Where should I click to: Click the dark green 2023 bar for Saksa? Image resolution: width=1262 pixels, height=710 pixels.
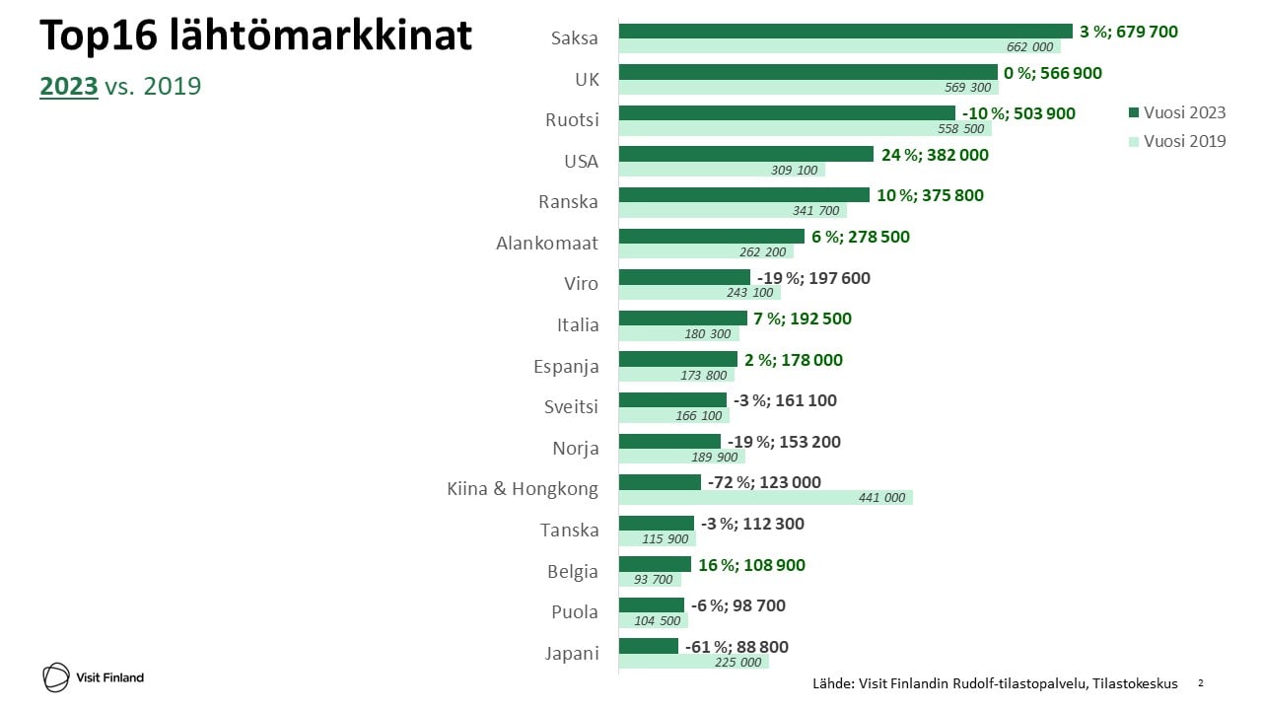click(x=845, y=32)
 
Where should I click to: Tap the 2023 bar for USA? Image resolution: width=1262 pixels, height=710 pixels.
click(x=745, y=155)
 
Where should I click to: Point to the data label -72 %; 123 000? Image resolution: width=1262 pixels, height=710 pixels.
click(x=764, y=482)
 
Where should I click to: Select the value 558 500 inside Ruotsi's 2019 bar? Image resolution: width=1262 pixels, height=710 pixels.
click(x=960, y=129)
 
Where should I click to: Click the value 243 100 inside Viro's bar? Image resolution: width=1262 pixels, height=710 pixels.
click(x=749, y=293)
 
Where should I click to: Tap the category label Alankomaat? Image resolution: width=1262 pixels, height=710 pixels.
click(x=546, y=243)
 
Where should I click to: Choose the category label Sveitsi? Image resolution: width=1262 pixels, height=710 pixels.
click(x=571, y=406)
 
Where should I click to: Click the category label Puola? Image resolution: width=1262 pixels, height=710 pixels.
click(x=574, y=611)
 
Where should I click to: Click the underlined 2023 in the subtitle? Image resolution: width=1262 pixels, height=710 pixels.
click(x=69, y=86)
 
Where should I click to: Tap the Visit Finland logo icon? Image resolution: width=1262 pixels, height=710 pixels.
click(x=56, y=677)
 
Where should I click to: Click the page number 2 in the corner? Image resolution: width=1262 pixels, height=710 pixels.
click(x=1200, y=682)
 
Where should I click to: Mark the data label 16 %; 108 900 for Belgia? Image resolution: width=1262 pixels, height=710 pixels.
click(x=751, y=565)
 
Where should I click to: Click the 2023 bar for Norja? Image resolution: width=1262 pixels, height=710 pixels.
click(x=669, y=442)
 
